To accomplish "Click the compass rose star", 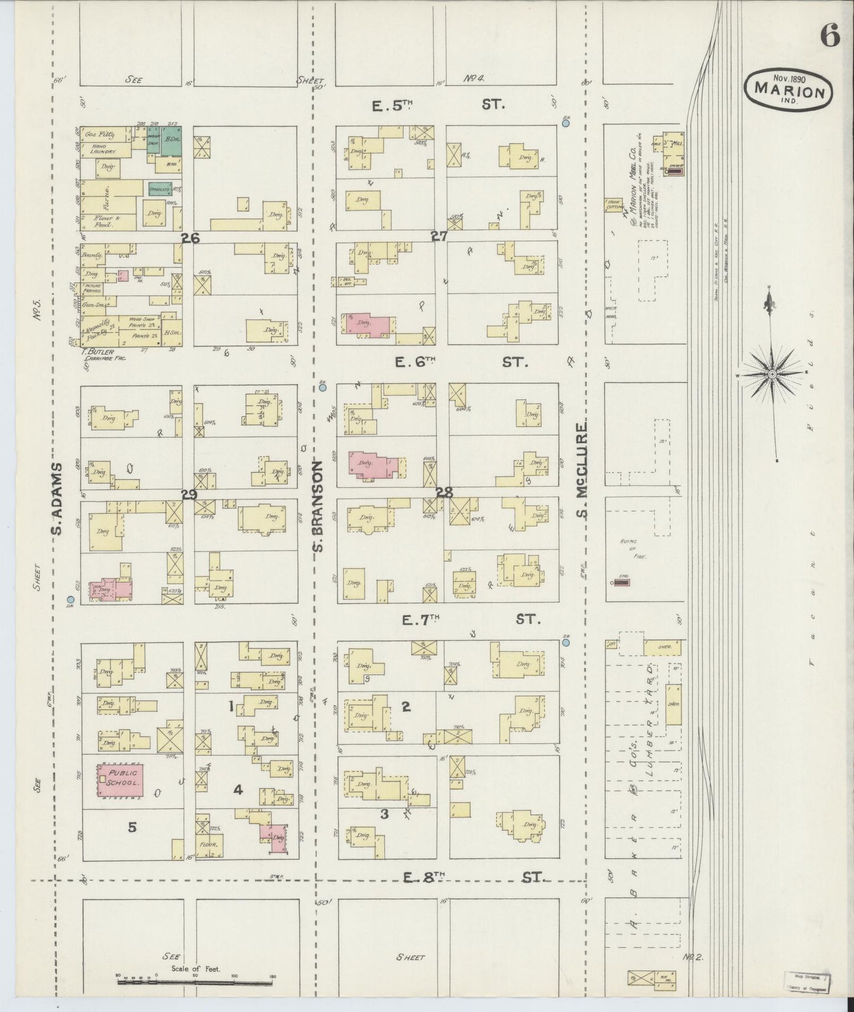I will pos(772,375).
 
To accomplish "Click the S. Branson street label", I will pos(319,507).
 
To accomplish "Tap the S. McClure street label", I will pos(583,469).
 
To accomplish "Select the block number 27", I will pos(439,236).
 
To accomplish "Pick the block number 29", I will pos(189,495).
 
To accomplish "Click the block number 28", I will pos(444,492).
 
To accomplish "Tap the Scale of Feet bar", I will pos(195,981).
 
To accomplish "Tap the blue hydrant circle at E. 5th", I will pos(566,123).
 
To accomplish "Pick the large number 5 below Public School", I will pos(132,828).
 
